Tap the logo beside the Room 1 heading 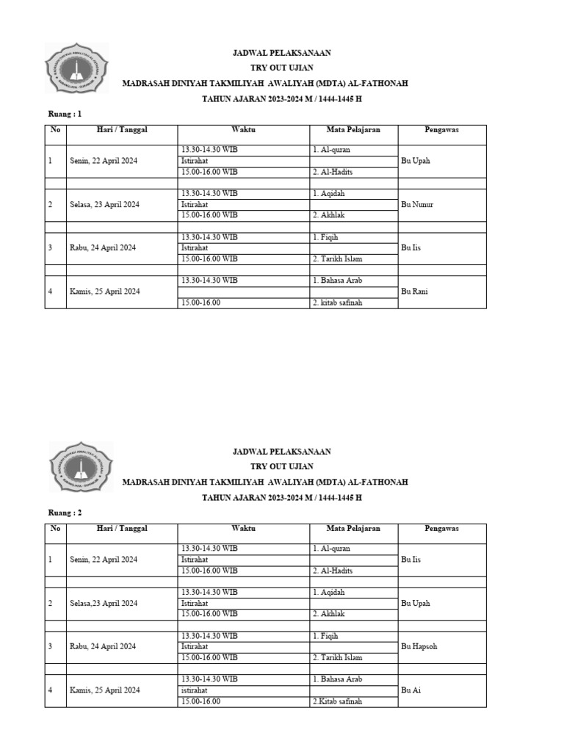(x=77, y=72)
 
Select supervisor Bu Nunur (x=417, y=204)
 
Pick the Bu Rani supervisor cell (x=414, y=292)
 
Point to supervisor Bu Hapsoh (x=419, y=646)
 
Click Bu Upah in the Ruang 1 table (x=416, y=161)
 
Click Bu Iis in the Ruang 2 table (x=411, y=560)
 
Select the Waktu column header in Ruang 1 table (x=243, y=130)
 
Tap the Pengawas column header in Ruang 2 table (x=441, y=529)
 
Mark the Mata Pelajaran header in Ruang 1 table (x=353, y=130)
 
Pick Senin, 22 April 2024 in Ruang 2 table (x=104, y=560)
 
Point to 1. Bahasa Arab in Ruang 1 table (x=337, y=281)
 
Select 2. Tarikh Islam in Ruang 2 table (x=337, y=657)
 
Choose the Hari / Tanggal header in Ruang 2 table (x=122, y=529)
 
